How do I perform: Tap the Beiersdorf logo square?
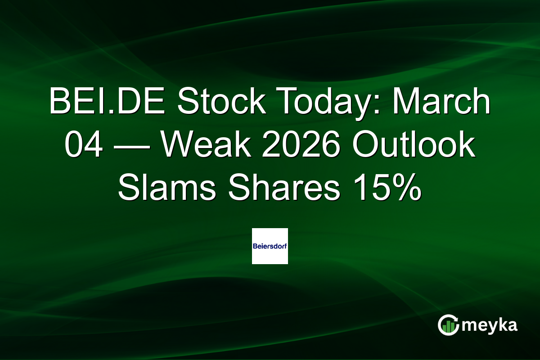click(x=270, y=246)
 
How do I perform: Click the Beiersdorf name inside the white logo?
click(x=270, y=246)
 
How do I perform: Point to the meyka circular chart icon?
click(x=448, y=324)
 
